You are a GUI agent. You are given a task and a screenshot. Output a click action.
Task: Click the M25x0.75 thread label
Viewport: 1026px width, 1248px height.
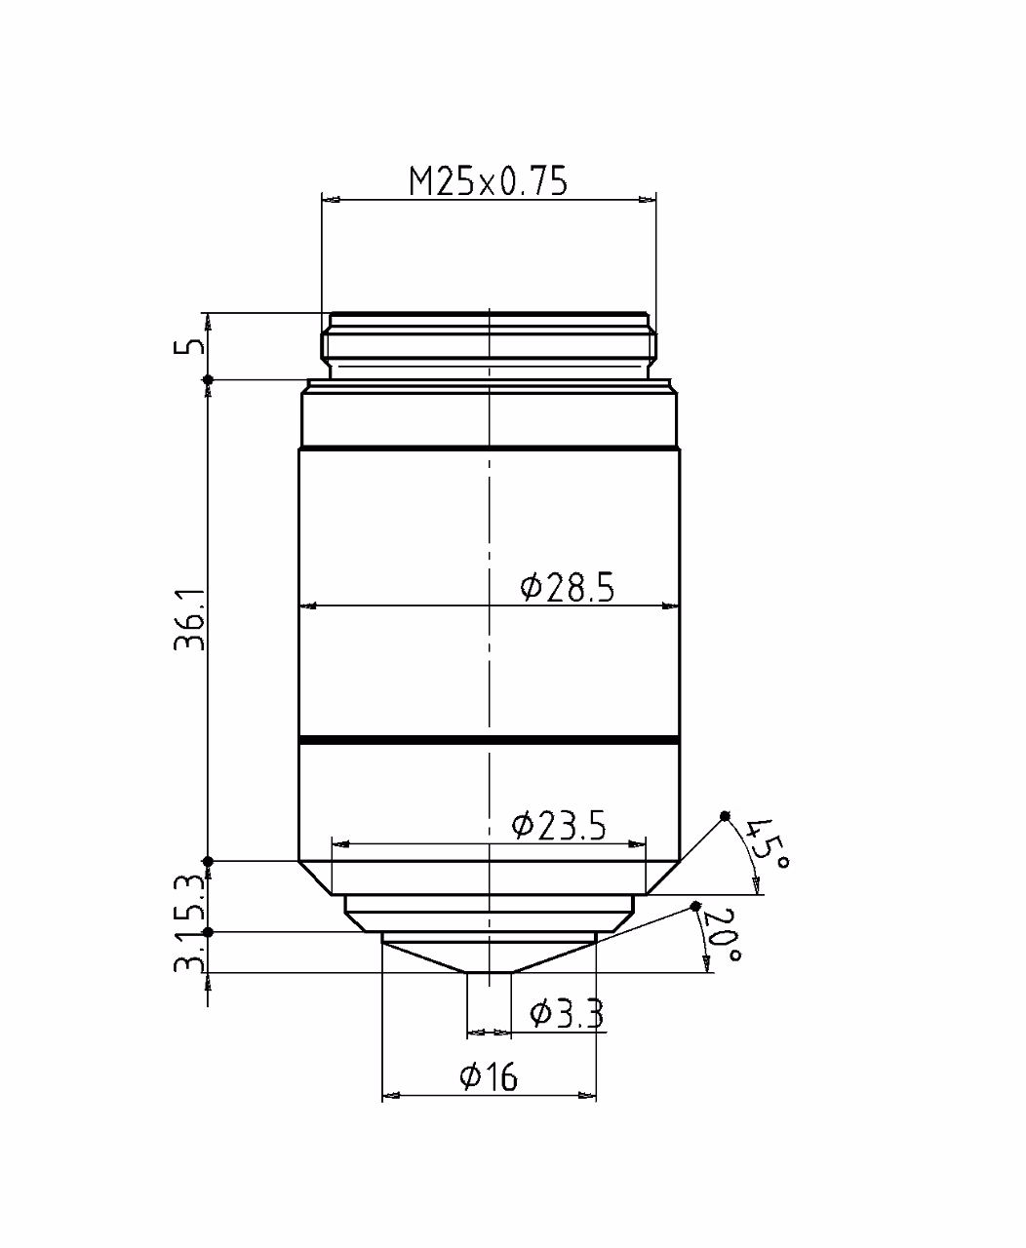click(x=489, y=181)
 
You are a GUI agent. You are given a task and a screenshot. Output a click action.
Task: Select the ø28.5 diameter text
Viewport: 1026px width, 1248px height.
click(x=568, y=588)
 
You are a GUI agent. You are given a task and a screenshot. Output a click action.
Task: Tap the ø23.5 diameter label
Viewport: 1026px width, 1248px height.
click(x=559, y=826)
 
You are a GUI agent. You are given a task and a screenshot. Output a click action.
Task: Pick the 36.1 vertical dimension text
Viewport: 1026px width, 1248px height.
click(x=189, y=619)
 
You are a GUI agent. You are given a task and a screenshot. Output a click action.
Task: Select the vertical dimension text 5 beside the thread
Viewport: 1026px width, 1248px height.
click(x=189, y=345)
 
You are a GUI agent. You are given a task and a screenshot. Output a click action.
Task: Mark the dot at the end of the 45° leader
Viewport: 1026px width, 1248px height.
click(x=725, y=816)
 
